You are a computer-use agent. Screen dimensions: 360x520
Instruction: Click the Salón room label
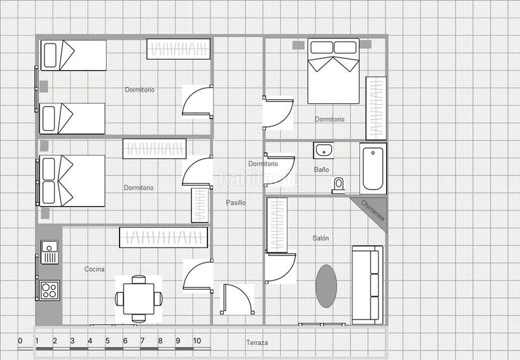point(320,238)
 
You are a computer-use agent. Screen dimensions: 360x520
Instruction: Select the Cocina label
point(95,269)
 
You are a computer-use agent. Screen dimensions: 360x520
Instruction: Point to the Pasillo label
point(236,203)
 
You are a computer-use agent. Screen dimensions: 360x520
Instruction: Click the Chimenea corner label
point(373,211)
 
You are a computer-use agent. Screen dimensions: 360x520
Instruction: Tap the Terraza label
point(257,342)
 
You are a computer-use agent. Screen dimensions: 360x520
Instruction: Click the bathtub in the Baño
point(372,167)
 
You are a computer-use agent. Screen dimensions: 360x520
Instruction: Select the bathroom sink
point(323,151)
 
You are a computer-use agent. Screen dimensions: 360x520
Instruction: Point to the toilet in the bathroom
point(338,185)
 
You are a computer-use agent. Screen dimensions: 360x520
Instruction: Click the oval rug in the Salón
point(326,285)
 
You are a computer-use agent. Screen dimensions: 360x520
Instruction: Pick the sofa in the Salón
point(366,284)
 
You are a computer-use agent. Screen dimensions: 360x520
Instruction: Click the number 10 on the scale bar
point(196,341)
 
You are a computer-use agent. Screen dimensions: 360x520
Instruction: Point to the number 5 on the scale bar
point(107,341)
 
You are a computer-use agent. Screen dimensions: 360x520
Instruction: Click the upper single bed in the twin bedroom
point(73,55)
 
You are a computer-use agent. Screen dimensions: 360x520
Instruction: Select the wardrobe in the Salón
point(277,224)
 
